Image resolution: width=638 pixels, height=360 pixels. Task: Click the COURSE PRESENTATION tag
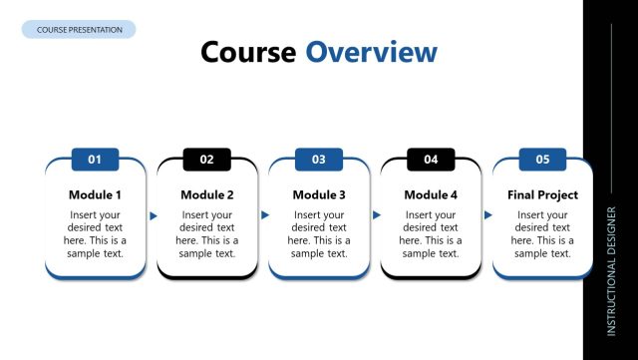click(x=79, y=30)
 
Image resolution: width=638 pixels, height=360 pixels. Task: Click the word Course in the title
click(x=248, y=52)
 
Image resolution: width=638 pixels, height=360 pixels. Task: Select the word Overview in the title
click(x=371, y=52)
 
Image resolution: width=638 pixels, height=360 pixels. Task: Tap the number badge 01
click(x=96, y=159)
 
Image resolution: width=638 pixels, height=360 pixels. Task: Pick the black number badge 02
click(x=207, y=159)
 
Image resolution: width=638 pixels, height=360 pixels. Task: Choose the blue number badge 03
click(x=319, y=159)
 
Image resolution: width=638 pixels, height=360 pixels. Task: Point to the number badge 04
click(x=431, y=159)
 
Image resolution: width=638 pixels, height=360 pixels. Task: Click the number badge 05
click(x=542, y=159)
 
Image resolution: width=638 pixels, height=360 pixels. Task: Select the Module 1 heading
click(x=96, y=194)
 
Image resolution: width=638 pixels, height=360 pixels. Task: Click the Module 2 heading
click(x=207, y=194)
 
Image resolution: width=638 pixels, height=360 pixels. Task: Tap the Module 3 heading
click(x=319, y=194)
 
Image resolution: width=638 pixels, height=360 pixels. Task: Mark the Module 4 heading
click(x=431, y=194)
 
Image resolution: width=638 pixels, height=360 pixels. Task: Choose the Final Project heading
click(x=542, y=194)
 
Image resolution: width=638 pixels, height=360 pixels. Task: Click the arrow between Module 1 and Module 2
click(x=154, y=215)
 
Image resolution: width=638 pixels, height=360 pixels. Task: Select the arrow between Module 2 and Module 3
click(x=265, y=215)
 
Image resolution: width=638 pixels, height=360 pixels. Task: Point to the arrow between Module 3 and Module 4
click(x=377, y=215)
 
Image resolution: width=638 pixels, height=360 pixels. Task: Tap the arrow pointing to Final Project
click(x=488, y=215)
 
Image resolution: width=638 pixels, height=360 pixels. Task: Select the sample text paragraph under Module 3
click(x=319, y=234)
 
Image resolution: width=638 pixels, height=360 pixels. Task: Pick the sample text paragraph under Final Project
click(x=542, y=234)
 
